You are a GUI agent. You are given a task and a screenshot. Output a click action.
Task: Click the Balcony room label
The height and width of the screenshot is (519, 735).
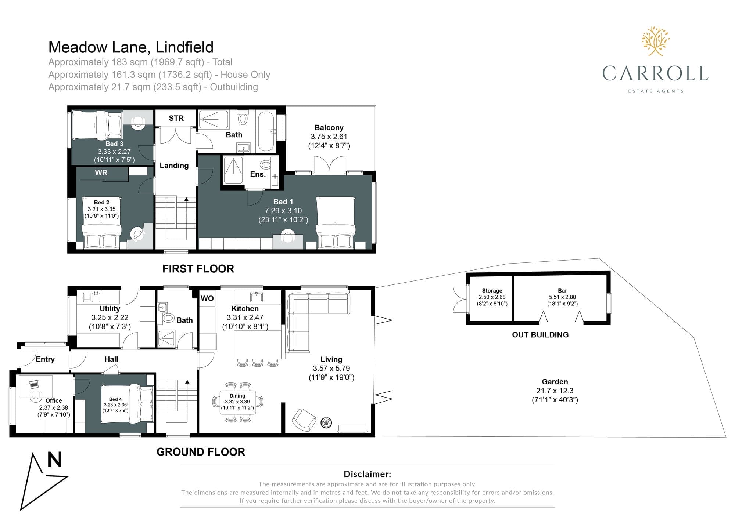tap(329, 128)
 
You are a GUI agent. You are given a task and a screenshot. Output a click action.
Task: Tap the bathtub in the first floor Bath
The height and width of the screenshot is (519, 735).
tap(266, 131)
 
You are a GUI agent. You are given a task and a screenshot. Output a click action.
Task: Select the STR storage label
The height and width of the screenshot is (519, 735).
tap(176, 118)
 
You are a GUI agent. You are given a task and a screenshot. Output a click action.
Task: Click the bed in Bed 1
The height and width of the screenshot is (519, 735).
tap(335, 223)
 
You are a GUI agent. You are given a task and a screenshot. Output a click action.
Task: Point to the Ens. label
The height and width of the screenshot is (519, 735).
tap(258, 174)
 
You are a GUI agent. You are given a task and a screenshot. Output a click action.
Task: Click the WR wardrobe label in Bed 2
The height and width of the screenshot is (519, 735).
tap(101, 173)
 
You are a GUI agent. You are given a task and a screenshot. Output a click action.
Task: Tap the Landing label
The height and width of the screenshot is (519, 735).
tap(174, 166)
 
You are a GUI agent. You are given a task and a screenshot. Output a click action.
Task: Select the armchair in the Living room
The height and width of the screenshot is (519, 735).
tap(304, 420)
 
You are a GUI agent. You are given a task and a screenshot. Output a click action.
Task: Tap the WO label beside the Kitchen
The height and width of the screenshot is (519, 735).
tap(207, 298)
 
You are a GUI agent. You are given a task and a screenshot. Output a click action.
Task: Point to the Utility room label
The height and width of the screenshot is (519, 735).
tap(110, 309)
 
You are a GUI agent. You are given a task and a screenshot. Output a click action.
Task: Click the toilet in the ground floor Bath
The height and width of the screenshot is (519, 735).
tap(168, 317)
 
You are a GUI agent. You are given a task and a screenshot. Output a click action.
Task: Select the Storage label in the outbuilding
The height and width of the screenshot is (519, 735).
tap(492, 291)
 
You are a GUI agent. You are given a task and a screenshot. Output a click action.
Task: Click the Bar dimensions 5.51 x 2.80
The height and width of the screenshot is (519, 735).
tap(563, 297)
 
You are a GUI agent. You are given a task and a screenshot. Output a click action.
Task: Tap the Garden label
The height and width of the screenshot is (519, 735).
tap(555, 382)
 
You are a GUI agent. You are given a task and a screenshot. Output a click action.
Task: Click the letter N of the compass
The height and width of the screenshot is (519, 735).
tap(55, 460)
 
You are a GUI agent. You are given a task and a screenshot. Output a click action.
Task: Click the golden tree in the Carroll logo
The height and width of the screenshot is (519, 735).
tap(656, 41)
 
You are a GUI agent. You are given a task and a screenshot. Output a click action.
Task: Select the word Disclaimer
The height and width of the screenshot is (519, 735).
tap(367, 474)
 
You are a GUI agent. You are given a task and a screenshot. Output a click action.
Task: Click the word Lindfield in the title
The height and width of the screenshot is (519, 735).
tap(184, 47)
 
